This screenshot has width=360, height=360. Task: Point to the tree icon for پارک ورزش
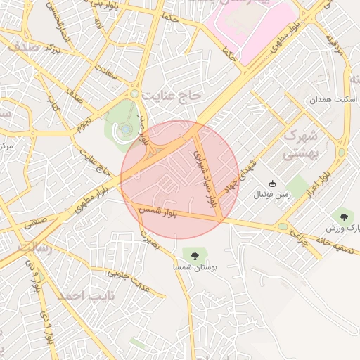(344, 217)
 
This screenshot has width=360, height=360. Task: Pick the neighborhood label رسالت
(34, 249)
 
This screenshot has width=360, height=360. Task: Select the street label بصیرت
(150, 241)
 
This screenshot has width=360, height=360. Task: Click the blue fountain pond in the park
(124, 129)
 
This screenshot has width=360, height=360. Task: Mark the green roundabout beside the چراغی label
(283, 226)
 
